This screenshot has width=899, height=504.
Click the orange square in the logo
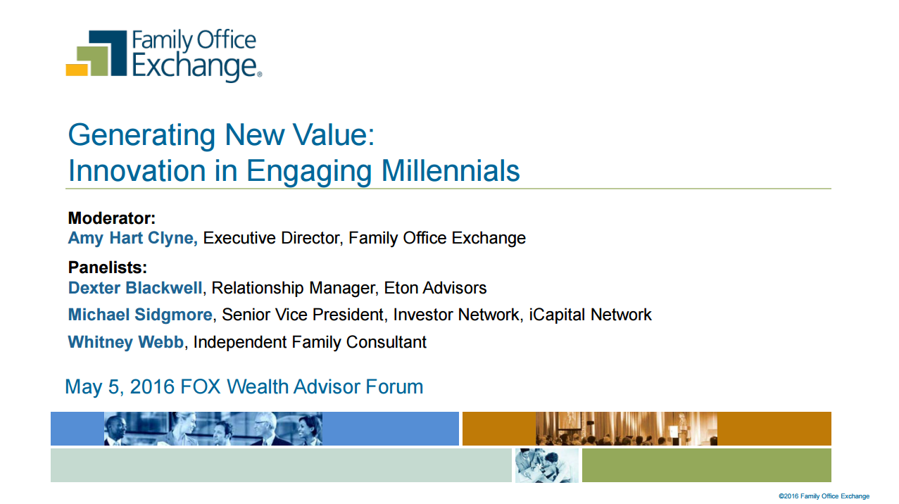77,70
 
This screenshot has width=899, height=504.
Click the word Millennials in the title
451,171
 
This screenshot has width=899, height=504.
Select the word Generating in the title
142,136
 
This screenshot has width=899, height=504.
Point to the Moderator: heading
111,218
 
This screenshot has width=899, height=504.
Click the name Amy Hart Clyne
133,239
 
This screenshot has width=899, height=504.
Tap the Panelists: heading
108,267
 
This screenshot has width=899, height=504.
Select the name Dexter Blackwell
135,288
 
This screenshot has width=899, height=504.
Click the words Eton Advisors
435,288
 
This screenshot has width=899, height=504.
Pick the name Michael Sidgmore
140,315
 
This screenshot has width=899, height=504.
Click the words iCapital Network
590,315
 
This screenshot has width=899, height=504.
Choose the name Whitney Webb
125,342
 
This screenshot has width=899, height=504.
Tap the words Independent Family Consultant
310,342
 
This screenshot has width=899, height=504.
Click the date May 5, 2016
120,387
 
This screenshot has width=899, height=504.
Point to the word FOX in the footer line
200,387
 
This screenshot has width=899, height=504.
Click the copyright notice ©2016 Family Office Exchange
824,496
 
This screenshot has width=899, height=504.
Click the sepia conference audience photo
627,429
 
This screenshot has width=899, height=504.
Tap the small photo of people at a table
547,465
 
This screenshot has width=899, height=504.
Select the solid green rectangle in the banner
706,465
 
